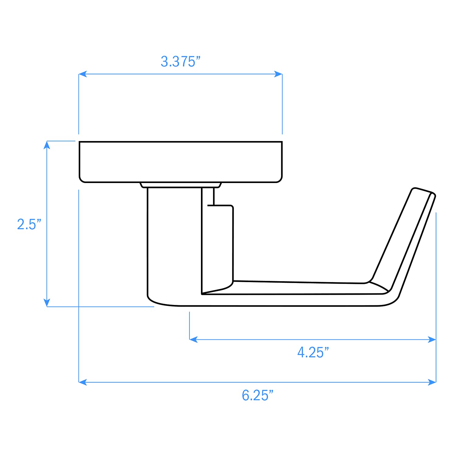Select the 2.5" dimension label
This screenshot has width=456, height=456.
click(x=29, y=224)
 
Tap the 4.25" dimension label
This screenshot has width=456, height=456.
click(x=313, y=352)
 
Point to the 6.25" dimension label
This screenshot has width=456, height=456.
click(x=257, y=395)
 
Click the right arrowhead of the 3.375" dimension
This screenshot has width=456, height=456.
click(x=278, y=74)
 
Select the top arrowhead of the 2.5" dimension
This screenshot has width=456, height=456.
click(x=47, y=145)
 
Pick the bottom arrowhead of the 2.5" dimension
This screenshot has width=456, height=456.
click(x=47, y=303)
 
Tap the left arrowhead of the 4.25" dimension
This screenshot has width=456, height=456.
click(x=193, y=339)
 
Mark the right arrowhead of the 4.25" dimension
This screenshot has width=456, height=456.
click(x=432, y=339)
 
